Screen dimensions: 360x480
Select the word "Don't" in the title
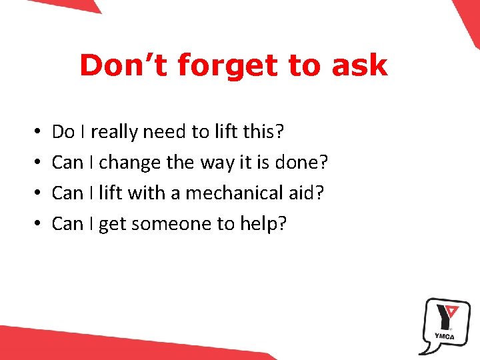pos(125,66)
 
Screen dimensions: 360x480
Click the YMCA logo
pos(443,325)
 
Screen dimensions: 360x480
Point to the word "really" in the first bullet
pos(114,132)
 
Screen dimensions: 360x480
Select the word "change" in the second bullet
pos(127,163)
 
